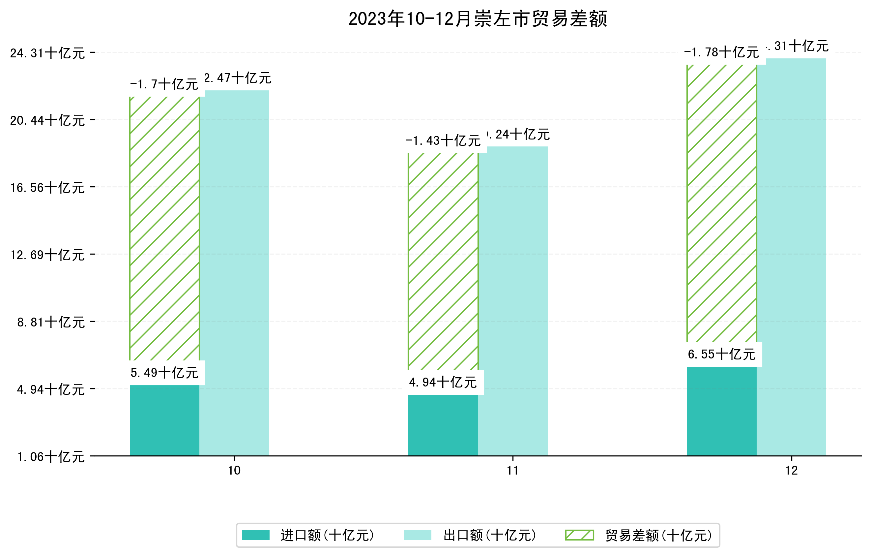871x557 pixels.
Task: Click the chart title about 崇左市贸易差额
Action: point(478,19)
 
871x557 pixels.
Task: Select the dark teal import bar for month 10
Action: point(164,420)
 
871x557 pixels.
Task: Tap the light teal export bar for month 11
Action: point(512,300)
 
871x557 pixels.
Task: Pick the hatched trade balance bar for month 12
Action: point(721,203)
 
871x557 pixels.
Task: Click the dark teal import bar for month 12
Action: point(721,411)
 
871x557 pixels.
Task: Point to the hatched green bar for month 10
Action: point(164,228)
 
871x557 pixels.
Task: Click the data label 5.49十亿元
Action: point(164,373)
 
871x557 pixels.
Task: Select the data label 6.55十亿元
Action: point(721,354)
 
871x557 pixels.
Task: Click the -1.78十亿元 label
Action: point(721,52)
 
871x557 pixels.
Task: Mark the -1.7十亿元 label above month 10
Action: point(164,84)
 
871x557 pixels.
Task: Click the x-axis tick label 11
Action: point(512,471)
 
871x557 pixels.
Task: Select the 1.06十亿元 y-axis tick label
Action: point(51,457)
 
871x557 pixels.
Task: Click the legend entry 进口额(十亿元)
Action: point(327,535)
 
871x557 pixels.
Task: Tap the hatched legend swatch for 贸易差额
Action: point(579,535)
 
